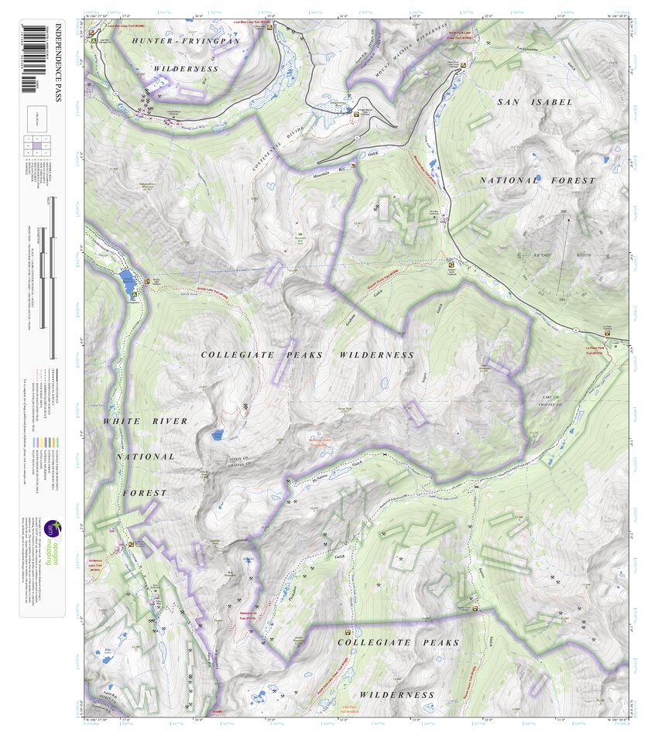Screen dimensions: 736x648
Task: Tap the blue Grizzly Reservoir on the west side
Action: pos(125,279)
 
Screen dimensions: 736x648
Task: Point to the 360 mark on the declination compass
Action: pos(563,212)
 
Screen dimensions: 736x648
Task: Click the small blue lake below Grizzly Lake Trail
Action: pos(218,436)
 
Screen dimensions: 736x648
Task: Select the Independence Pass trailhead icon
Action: pos(356,114)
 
